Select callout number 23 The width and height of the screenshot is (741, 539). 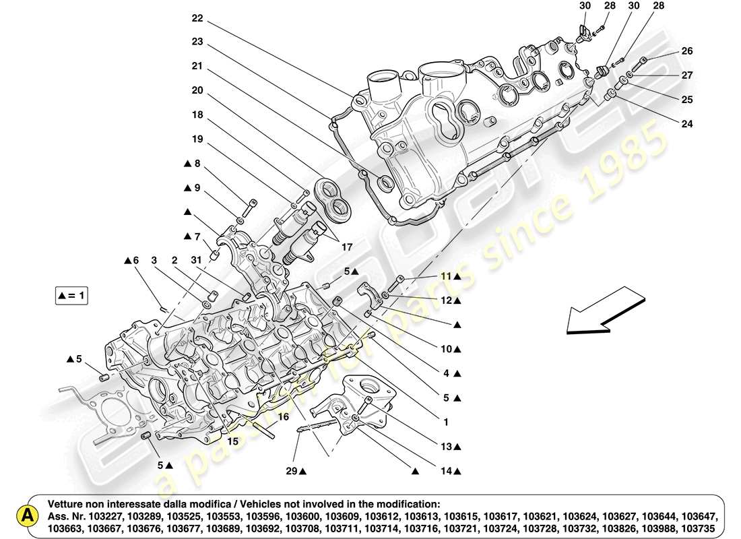click(x=197, y=41)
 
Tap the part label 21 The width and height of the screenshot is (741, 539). click(x=197, y=66)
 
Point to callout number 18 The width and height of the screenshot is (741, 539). click(x=197, y=115)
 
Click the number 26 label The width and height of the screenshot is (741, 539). click(x=686, y=51)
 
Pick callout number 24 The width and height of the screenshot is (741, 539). click(x=686, y=124)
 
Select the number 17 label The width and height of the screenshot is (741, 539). click(x=346, y=248)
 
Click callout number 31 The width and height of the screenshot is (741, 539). click(x=196, y=260)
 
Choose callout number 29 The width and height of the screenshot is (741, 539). click(x=290, y=471)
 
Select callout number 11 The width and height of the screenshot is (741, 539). click(x=447, y=276)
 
